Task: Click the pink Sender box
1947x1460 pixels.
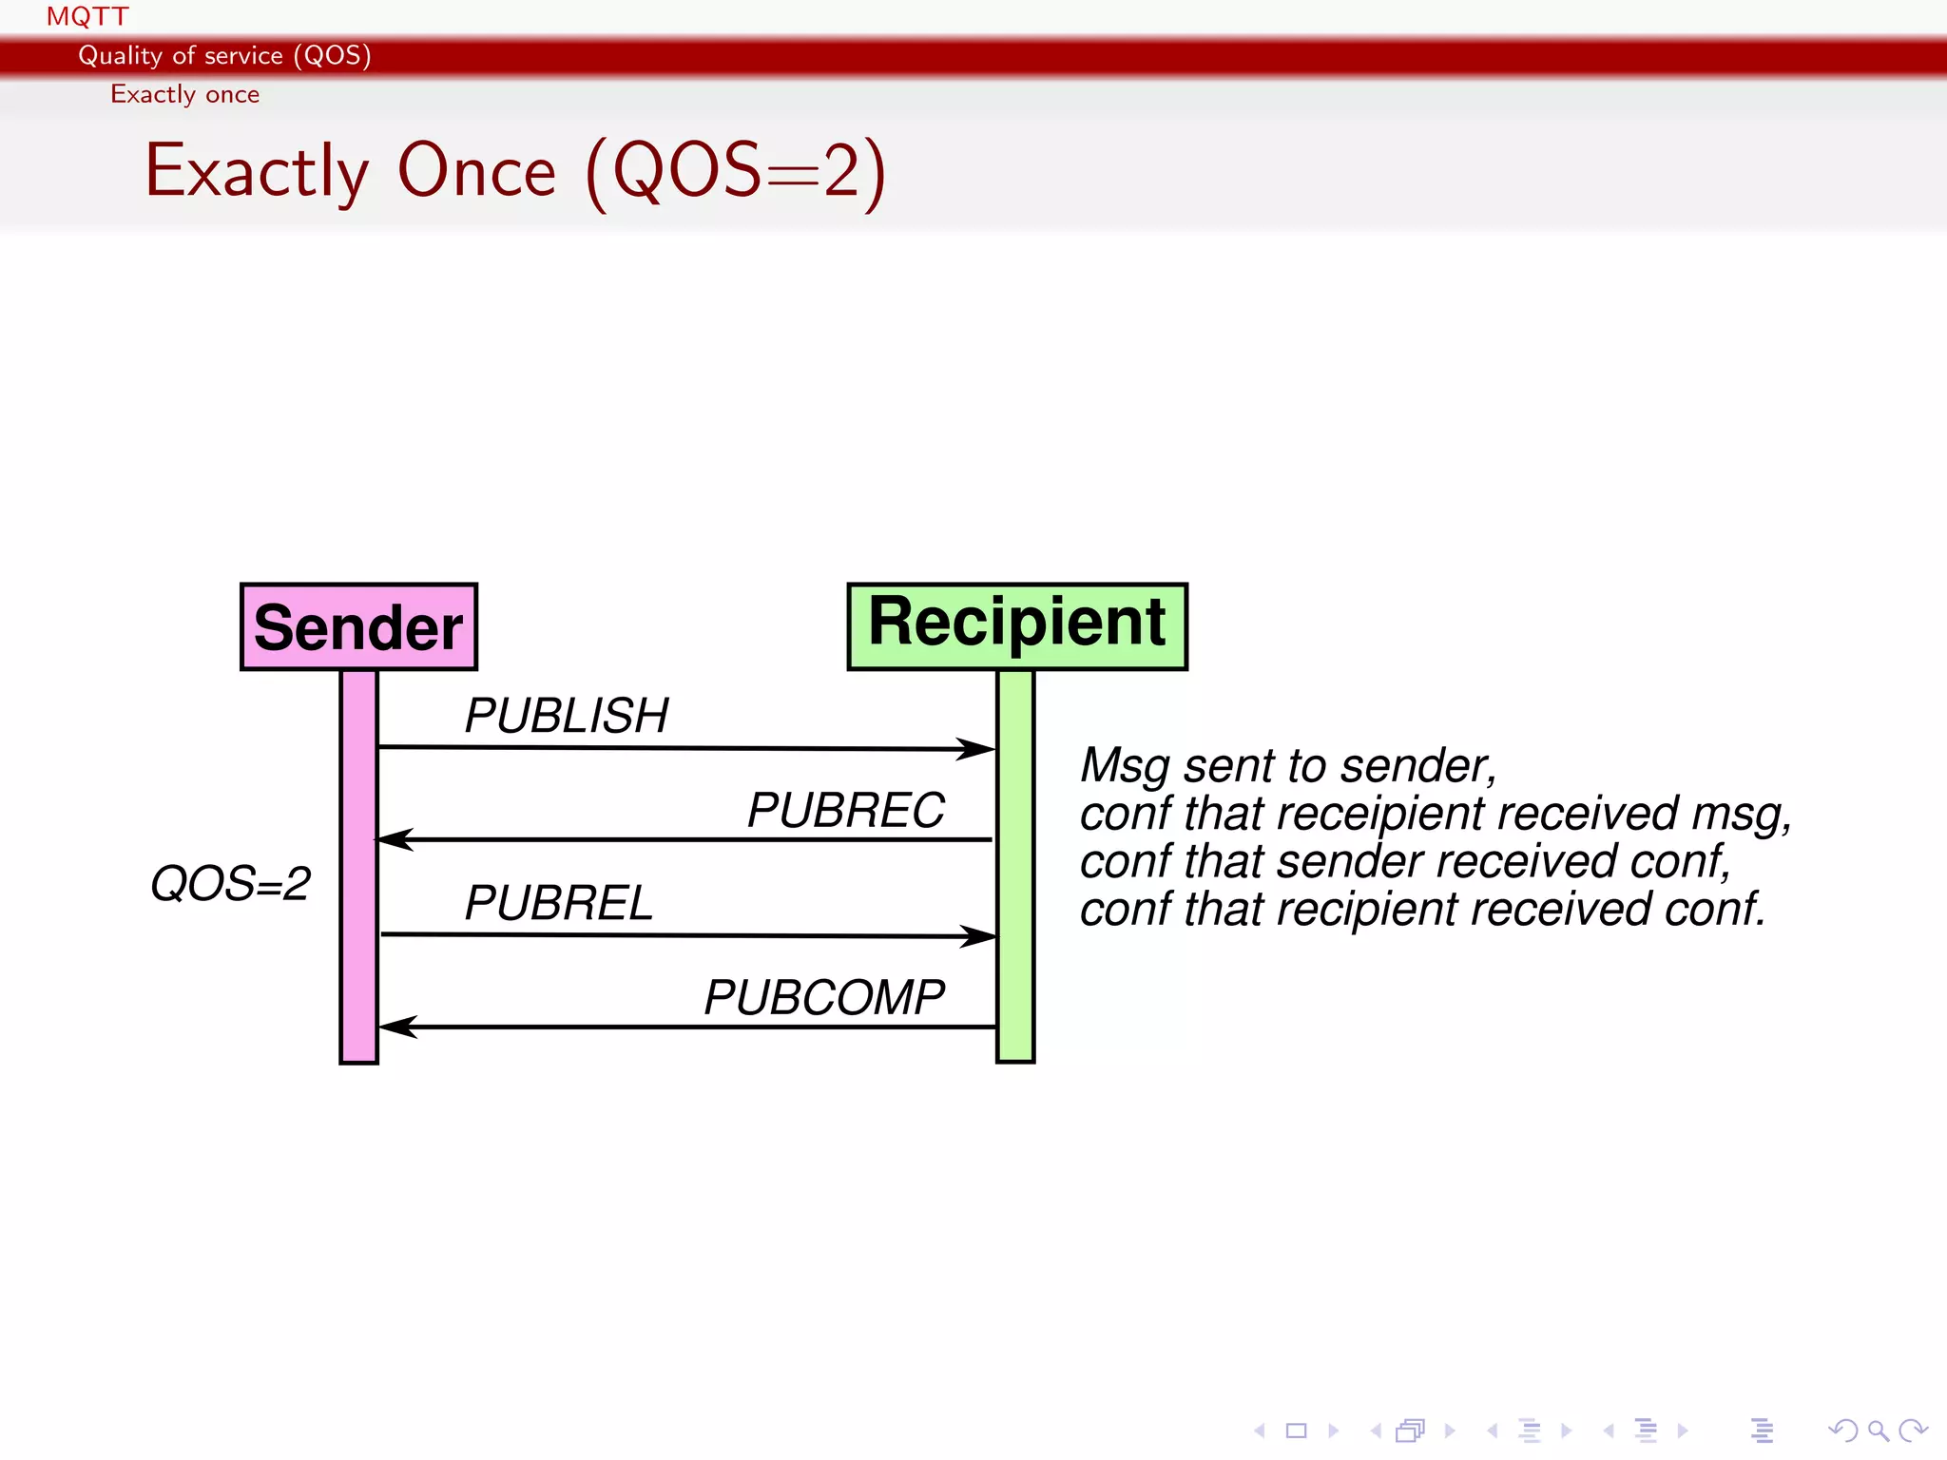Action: click(358, 627)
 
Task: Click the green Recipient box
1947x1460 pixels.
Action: click(1016, 626)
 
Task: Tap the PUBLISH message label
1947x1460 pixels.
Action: click(566, 716)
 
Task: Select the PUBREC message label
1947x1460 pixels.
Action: click(845, 811)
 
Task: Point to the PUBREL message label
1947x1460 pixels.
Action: click(558, 903)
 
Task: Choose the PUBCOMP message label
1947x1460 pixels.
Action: click(823, 998)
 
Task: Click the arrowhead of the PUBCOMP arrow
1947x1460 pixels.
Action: click(396, 1027)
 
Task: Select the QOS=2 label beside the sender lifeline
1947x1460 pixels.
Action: click(230, 884)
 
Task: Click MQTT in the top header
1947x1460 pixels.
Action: click(87, 16)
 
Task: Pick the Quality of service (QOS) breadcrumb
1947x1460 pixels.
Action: click(224, 55)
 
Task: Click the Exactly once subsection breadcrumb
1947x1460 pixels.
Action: click(184, 94)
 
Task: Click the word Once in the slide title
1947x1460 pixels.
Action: click(475, 171)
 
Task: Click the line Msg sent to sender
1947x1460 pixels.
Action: click(1288, 766)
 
